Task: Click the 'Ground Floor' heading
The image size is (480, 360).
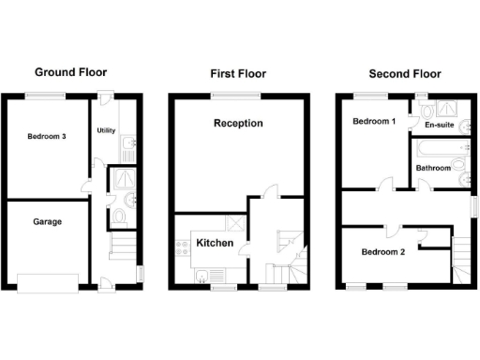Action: (70, 72)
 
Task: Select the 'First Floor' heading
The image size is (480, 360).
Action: (239, 73)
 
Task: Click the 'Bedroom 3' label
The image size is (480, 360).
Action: (46, 137)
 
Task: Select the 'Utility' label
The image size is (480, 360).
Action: (106, 130)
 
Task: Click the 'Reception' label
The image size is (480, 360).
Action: (238, 123)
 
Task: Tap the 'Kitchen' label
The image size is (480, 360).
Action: (215, 244)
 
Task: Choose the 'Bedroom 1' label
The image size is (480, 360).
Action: (373, 122)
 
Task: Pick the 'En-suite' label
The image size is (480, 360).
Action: (441, 125)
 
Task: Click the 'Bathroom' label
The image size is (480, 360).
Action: (434, 169)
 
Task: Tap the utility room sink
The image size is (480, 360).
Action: (128, 142)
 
